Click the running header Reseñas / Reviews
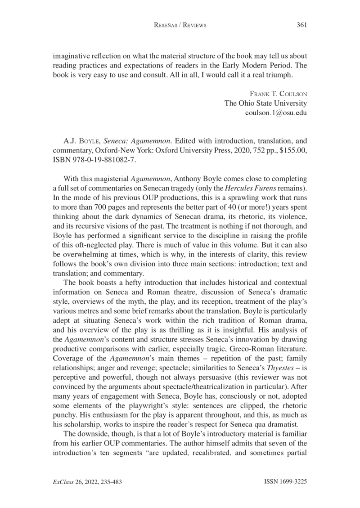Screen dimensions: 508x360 click(180, 25)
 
